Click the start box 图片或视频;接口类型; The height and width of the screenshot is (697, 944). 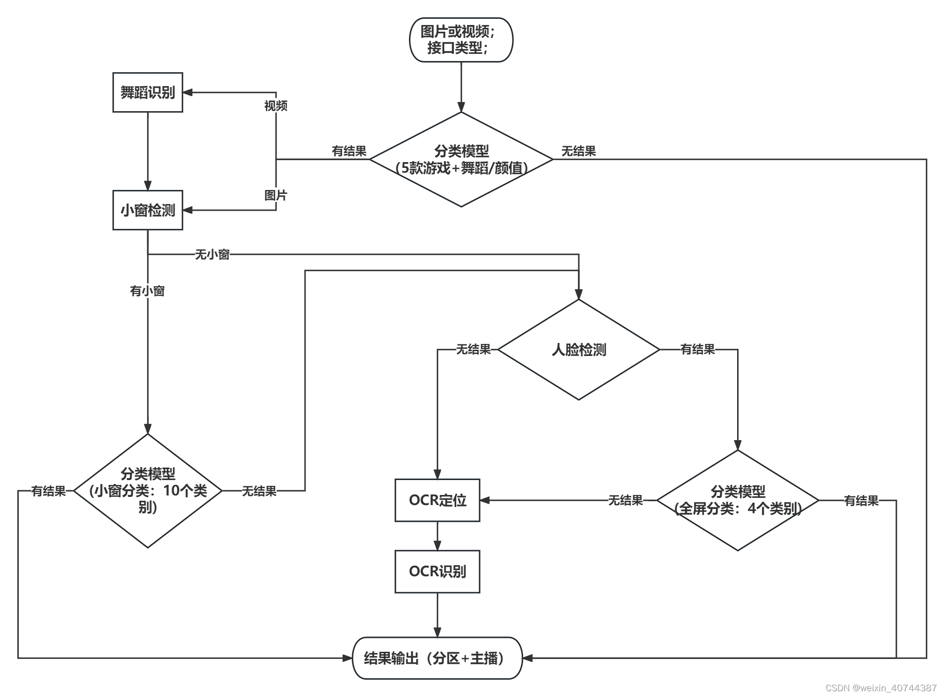click(460, 40)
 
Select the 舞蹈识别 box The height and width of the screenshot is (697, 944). click(147, 92)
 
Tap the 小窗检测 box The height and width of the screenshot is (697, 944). click(147, 210)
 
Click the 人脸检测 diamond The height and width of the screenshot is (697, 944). click(578, 350)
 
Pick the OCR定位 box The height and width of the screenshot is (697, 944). click(437, 500)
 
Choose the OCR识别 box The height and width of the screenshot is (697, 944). click(437, 571)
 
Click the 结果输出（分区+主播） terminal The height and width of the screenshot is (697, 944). click(437, 658)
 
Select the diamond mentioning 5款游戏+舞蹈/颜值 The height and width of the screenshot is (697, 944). click(461, 160)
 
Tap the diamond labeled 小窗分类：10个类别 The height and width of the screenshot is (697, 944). click(148, 491)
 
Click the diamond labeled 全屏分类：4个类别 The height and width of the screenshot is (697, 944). click(737, 500)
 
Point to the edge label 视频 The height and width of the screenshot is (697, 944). click(276, 106)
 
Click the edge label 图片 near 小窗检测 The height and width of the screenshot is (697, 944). click(276, 195)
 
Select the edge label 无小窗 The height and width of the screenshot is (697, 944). click(212, 254)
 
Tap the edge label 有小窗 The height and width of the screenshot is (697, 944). click(147, 291)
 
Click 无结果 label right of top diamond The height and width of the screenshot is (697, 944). click(578, 152)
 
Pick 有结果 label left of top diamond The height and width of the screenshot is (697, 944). click(349, 152)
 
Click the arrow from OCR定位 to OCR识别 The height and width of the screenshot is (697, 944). click(437, 536)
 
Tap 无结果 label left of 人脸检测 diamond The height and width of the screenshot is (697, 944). click(473, 350)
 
